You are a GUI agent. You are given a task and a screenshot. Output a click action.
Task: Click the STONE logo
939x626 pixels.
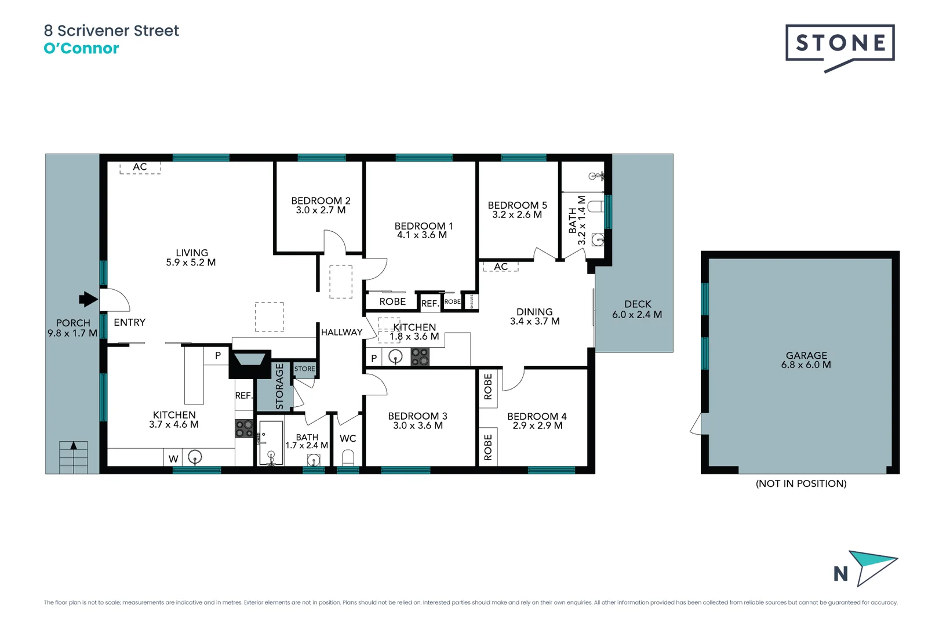point(840,43)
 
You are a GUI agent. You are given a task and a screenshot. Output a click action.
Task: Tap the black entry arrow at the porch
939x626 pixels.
point(88,299)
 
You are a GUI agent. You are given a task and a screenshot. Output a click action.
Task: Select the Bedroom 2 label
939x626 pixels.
point(321,205)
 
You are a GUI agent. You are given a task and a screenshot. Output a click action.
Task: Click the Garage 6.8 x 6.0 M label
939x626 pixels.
point(806,360)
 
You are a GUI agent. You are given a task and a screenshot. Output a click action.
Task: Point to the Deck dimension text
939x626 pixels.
point(637,315)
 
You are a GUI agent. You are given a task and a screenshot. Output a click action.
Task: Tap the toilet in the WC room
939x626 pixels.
point(348,458)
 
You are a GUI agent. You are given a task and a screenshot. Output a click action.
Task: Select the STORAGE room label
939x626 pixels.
point(279,385)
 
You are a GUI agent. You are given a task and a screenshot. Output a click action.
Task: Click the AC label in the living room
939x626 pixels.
point(140,167)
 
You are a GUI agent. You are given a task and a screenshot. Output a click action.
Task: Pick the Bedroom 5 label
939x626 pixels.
point(517,210)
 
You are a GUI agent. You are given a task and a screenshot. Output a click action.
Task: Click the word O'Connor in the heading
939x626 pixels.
point(81,49)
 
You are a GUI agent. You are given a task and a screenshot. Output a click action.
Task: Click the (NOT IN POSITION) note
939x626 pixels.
point(801,483)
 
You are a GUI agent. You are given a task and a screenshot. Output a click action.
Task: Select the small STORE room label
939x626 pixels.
point(304,369)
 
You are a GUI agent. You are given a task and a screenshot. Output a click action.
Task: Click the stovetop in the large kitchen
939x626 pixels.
point(244,429)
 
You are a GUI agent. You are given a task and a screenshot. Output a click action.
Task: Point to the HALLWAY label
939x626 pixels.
point(341,332)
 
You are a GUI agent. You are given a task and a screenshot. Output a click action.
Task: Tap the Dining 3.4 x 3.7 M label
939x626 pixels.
point(534,316)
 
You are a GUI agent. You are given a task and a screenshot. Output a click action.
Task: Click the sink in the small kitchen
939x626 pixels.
point(395,356)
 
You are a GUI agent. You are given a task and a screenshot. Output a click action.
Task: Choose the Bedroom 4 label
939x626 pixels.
point(537,421)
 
